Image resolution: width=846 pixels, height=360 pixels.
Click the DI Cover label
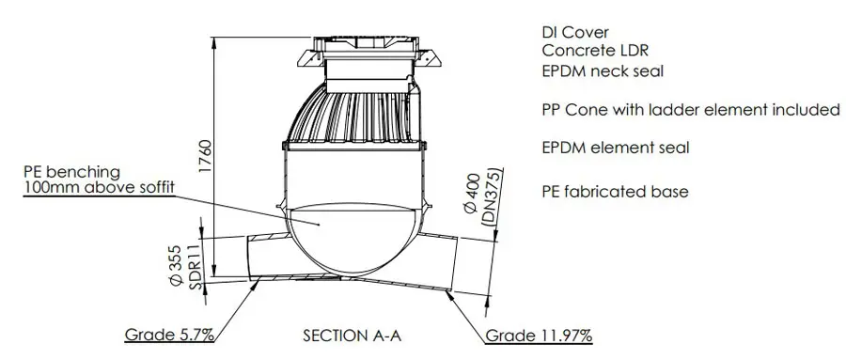pyautogui.click(x=575, y=32)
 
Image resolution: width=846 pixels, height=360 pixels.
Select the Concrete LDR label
pyautogui.click(x=595, y=51)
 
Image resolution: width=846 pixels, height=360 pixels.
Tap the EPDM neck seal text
pyautogui.click(x=603, y=70)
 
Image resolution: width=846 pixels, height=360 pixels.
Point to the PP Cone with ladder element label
pyautogui.click(x=691, y=110)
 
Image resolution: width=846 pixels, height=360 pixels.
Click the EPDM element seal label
pyautogui.click(x=616, y=148)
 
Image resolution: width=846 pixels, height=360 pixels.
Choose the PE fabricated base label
pyautogui.click(x=615, y=192)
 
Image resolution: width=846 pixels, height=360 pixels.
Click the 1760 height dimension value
pyautogui.click(x=206, y=157)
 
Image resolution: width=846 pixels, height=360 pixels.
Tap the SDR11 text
pyautogui.click(x=196, y=268)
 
